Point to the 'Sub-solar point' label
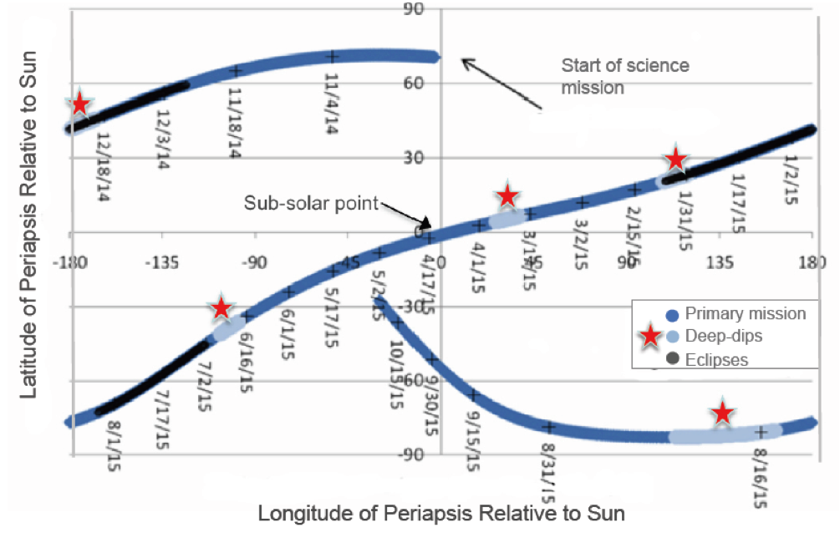pos(311,203)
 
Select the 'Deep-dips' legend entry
pos(724,337)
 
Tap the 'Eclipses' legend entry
pos(716,360)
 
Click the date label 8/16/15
pos(760,477)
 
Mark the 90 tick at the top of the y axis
pos(416,10)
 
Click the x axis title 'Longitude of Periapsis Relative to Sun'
pos(440,511)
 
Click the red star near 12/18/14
pos(79,104)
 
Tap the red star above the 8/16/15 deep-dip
pos(722,413)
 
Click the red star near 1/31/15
pos(676,159)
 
